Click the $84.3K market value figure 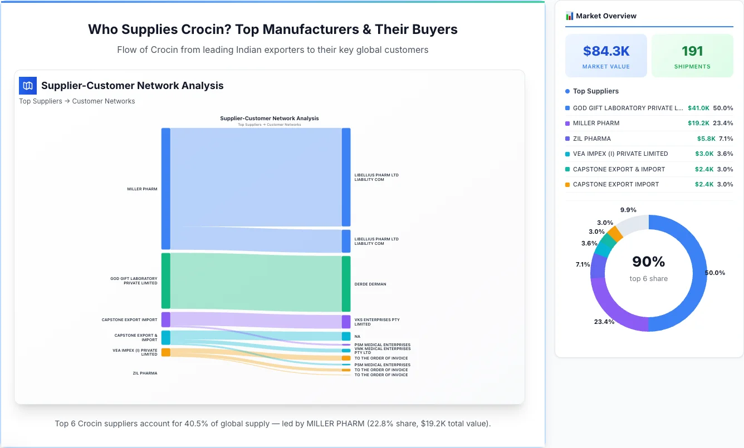606,51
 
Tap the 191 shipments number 692,51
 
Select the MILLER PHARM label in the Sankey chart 142,189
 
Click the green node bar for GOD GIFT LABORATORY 165,280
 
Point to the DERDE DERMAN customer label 370,284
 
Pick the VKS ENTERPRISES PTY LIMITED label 377,322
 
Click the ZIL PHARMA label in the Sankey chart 145,373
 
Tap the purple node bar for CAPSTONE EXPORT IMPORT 165,319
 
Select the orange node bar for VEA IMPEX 165,352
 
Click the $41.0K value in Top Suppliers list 698,108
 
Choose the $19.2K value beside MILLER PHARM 698,123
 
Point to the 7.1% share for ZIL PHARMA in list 726,139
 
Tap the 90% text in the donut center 648,262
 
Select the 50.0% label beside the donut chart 715,273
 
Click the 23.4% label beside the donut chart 604,322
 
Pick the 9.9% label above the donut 628,210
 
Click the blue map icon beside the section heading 27,86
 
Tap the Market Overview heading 606,16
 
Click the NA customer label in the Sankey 357,337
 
